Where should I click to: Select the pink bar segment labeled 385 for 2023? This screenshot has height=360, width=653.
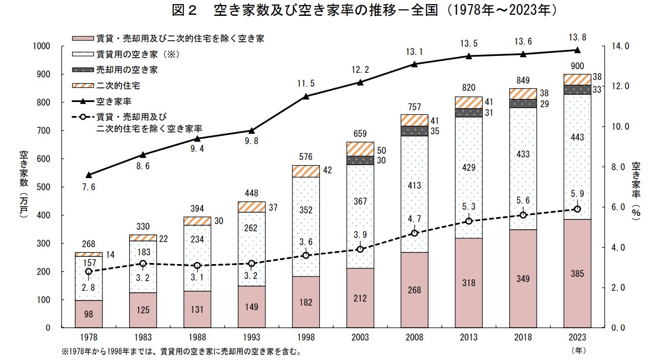click(577, 273)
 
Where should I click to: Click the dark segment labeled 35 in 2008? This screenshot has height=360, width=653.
click(414, 131)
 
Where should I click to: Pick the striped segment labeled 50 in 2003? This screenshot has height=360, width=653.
click(360, 149)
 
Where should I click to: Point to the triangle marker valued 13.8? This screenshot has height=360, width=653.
click(577, 50)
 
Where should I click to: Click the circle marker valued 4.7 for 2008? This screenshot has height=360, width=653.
click(414, 233)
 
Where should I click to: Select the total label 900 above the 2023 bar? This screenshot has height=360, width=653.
click(577, 66)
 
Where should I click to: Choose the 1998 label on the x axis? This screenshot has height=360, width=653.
click(305, 338)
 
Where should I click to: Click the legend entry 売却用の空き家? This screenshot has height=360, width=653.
click(127, 69)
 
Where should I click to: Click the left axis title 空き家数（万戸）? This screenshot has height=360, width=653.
click(24, 185)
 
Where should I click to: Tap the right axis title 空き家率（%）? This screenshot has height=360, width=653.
click(636, 191)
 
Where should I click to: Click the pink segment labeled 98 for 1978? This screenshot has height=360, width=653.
click(88, 314)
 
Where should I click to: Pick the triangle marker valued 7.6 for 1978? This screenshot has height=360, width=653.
click(89, 175)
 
